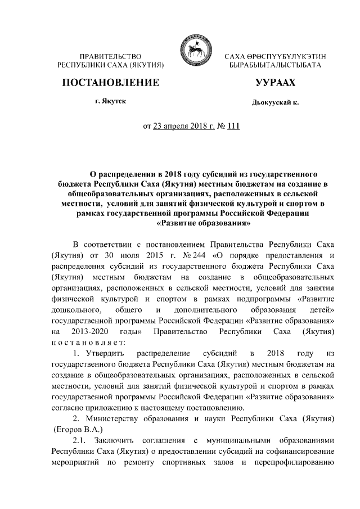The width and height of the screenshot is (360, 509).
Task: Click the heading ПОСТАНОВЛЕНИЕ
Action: click(x=110, y=83)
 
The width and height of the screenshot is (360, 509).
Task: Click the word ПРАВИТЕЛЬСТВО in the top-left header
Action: click(x=110, y=57)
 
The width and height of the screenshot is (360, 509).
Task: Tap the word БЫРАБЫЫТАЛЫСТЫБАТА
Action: click(x=275, y=66)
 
